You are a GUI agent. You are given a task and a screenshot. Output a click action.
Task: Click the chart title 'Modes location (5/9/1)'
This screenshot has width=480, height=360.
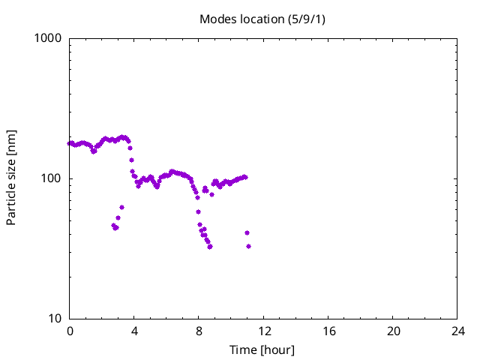[263, 19]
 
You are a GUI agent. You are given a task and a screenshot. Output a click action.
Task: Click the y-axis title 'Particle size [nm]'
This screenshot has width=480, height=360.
[11, 178]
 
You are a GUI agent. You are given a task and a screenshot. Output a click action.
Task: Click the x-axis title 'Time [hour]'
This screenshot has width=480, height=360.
[263, 349]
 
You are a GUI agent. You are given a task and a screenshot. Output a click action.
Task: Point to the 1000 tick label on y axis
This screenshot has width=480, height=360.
[49, 38]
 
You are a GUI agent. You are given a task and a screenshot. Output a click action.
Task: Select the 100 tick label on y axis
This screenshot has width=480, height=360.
[52, 178]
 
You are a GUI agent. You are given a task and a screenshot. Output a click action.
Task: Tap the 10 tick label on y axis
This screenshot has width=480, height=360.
[55, 319]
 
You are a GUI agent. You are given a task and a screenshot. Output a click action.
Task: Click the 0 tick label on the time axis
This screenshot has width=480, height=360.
[70, 331]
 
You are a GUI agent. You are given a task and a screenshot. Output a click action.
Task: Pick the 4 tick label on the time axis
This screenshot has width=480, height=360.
[134, 331]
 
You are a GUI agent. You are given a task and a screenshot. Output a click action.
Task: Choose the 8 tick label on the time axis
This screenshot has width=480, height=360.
[199, 331]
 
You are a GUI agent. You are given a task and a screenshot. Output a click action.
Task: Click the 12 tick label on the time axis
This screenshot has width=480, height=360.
[263, 331]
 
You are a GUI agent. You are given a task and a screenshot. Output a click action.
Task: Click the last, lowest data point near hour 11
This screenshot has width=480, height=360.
[248, 246]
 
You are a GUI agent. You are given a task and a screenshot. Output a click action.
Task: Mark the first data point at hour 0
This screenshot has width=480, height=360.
[70, 143]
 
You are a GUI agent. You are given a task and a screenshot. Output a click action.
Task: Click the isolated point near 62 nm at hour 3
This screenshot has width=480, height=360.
[121, 207]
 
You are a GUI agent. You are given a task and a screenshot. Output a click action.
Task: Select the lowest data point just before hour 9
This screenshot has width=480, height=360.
[210, 247]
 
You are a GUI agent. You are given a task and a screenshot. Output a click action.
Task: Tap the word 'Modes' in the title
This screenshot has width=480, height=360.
[217, 19]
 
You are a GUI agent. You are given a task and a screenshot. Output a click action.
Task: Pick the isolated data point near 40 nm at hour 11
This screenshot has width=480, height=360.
[247, 233]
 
